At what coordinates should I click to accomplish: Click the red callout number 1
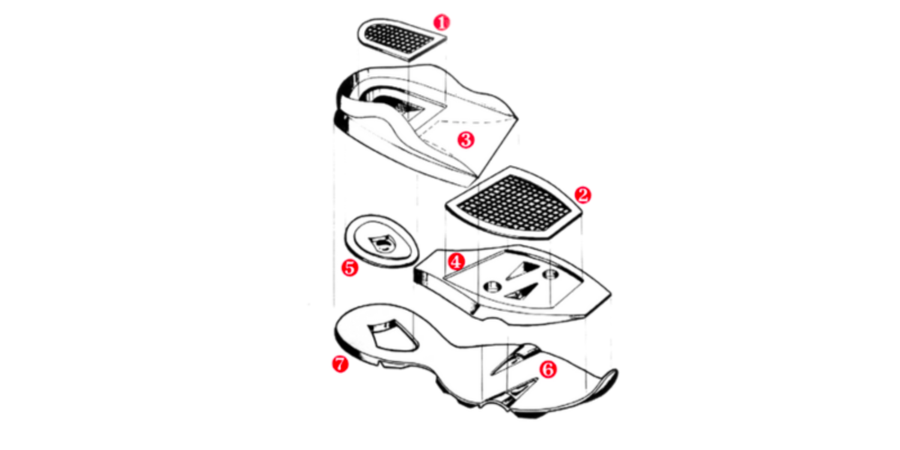coord(442,23)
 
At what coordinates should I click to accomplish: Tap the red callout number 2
coord(583,195)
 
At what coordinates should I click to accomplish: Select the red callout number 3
coord(466,140)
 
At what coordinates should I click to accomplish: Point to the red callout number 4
coord(457,262)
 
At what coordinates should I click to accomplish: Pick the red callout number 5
coord(350,268)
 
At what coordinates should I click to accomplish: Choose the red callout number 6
coord(548,369)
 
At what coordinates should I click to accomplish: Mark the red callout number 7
coord(340,364)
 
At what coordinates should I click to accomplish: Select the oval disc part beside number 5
coord(381,241)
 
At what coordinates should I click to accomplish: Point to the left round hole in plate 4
coord(492,286)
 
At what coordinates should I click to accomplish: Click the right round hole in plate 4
coord(550,274)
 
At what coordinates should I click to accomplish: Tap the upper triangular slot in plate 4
coord(523,270)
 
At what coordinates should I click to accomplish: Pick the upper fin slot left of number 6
coord(514,359)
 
